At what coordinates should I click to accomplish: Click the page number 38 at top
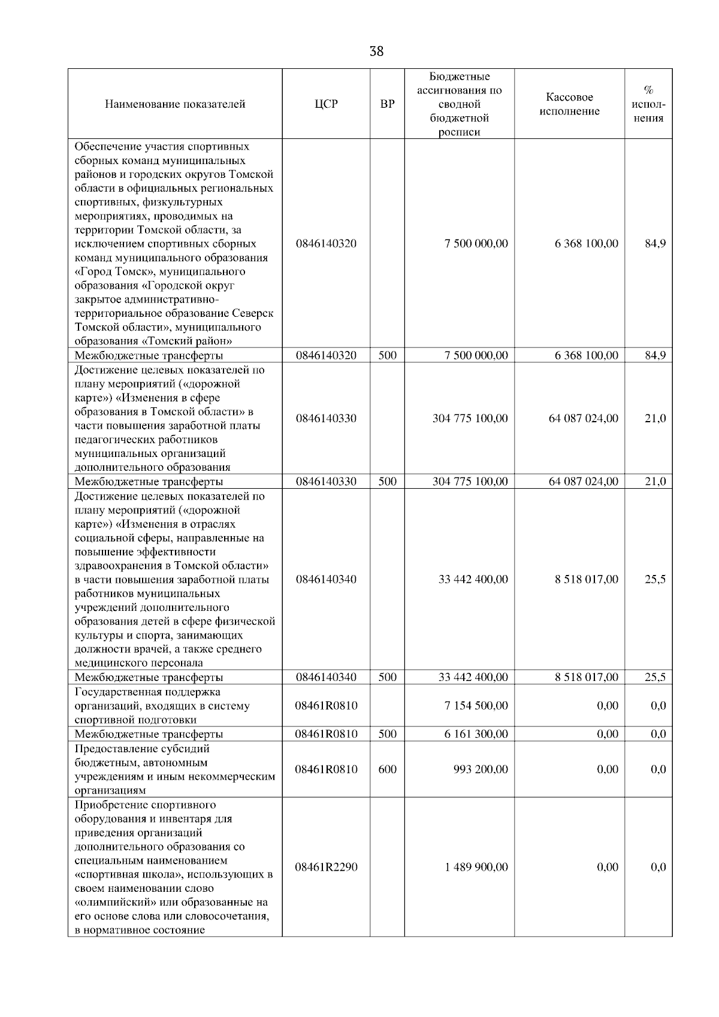(376, 52)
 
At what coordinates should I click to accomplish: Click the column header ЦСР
(327, 104)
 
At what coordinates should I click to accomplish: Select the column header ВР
(388, 104)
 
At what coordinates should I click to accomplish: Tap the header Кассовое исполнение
(569, 104)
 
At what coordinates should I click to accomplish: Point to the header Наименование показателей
(175, 104)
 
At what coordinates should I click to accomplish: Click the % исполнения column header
(648, 104)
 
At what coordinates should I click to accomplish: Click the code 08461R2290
(326, 867)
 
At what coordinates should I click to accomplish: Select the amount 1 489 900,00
(476, 867)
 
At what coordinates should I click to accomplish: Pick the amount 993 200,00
(481, 769)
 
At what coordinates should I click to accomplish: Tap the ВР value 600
(388, 769)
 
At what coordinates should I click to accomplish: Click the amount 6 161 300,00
(476, 734)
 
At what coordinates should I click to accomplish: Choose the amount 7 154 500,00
(476, 706)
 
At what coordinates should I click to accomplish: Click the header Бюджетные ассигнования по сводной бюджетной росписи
(460, 104)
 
